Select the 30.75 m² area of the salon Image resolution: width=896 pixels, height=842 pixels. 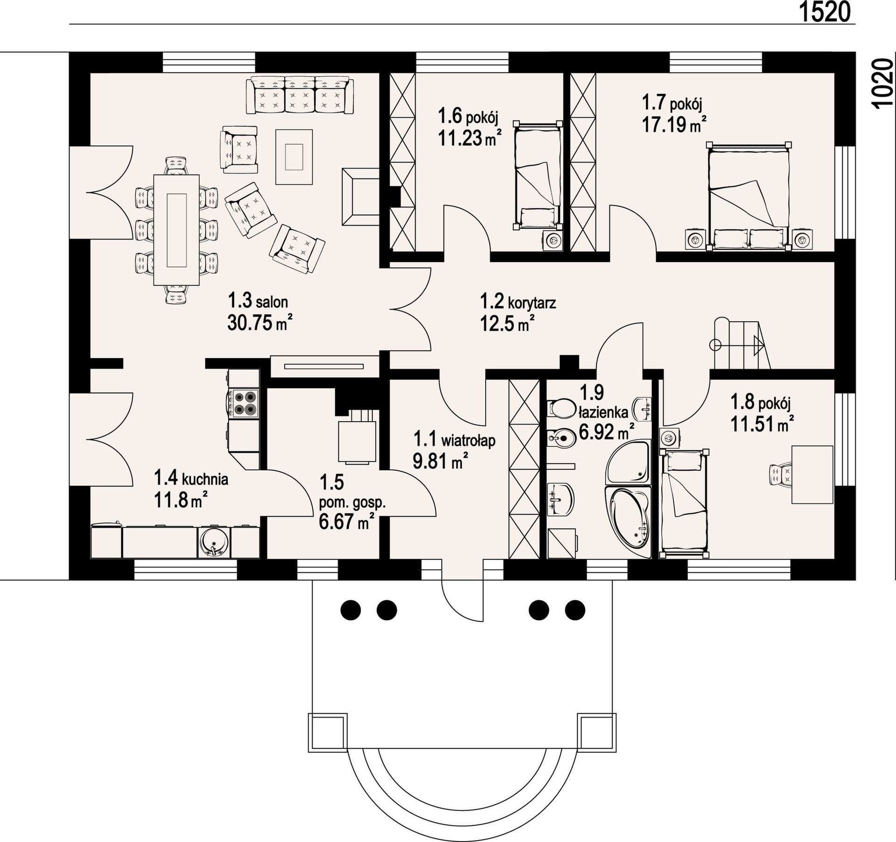point(259,322)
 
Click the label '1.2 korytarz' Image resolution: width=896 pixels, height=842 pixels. point(518,303)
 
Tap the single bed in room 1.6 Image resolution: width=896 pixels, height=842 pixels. point(537,175)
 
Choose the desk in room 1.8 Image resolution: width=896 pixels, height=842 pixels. point(812,474)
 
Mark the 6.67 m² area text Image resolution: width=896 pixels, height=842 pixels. point(347,521)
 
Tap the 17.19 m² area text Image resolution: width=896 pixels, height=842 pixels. point(674,124)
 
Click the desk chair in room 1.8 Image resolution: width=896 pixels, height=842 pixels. point(780,475)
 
